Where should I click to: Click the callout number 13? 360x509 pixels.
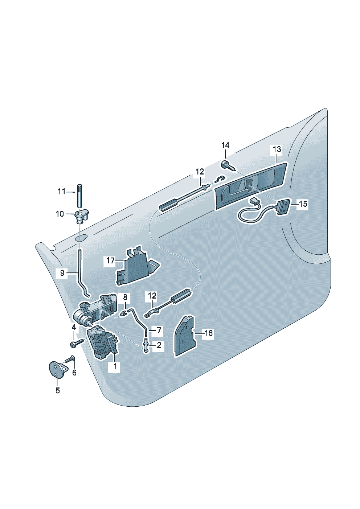click(x=277, y=149)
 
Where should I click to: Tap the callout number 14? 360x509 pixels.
click(x=225, y=145)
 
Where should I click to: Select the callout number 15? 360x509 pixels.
click(x=303, y=204)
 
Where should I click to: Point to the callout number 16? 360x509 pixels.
click(x=208, y=333)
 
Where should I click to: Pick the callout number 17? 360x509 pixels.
click(x=110, y=260)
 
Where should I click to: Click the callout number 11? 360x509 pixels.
click(x=61, y=192)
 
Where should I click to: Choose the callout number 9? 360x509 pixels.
click(x=62, y=273)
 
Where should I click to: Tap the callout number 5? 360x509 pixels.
click(x=58, y=390)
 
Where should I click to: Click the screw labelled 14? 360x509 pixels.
click(x=228, y=167)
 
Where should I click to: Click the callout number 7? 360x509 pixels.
click(x=159, y=330)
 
